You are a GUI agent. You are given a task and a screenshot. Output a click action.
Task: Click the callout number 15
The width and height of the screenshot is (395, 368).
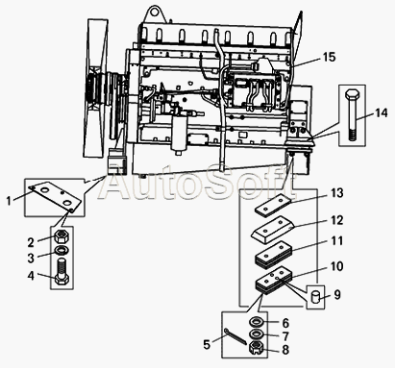[x=329, y=57]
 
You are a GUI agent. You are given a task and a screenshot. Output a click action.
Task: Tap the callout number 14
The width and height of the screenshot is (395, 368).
[x=382, y=112]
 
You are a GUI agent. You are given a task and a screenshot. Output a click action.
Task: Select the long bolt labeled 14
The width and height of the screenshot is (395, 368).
[x=352, y=115]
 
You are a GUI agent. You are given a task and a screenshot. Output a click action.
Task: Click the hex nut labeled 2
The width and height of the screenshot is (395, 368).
[x=62, y=237]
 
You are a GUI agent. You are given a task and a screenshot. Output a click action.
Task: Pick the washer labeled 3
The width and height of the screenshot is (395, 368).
[x=62, y=250]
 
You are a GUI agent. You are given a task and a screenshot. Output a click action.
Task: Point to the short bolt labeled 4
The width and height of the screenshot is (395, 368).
[x=62, y=271]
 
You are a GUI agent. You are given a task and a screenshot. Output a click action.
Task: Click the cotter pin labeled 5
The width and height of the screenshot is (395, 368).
[x=236, y=336]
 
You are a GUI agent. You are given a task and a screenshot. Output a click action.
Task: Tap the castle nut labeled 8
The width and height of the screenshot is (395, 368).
[x=256, y=347]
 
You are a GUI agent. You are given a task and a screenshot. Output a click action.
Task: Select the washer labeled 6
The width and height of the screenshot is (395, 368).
[x=257, y=321]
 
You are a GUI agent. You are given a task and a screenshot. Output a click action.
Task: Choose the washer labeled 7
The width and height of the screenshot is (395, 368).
[x=257, y=334]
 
